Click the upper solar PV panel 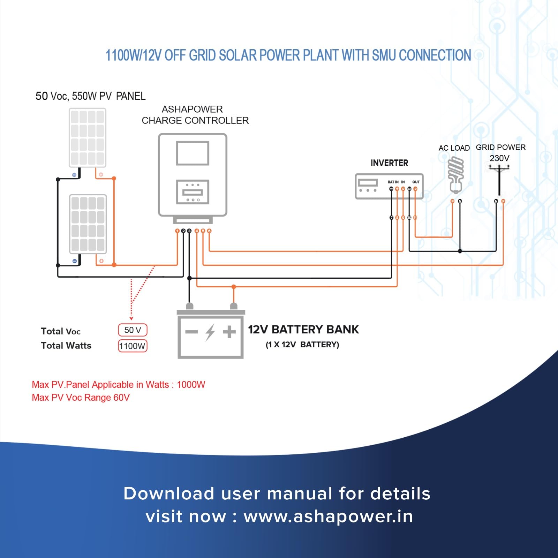click(x=87, y=137)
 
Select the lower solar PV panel click(x=88, y=224)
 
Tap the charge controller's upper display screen click(x=193, y=153)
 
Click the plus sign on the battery click(x=229, y=332)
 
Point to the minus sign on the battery click(x=191, y=332)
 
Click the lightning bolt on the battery click(x=210, y=332)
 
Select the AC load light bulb click(x=456, y=174)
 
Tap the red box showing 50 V click(x=133, y=330)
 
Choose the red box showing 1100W click(x=133, y=346)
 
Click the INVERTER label click(x=389, y=163)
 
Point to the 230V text click(x=499, y=158)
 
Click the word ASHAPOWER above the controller click(x=192, y=109)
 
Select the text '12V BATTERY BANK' click(x=303, y=330)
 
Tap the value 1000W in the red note click(x=191, y=385)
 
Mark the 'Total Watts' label click(x=66, y=346)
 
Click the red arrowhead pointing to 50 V click(x=131, y=318)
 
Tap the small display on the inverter click(x=368, y=182)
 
